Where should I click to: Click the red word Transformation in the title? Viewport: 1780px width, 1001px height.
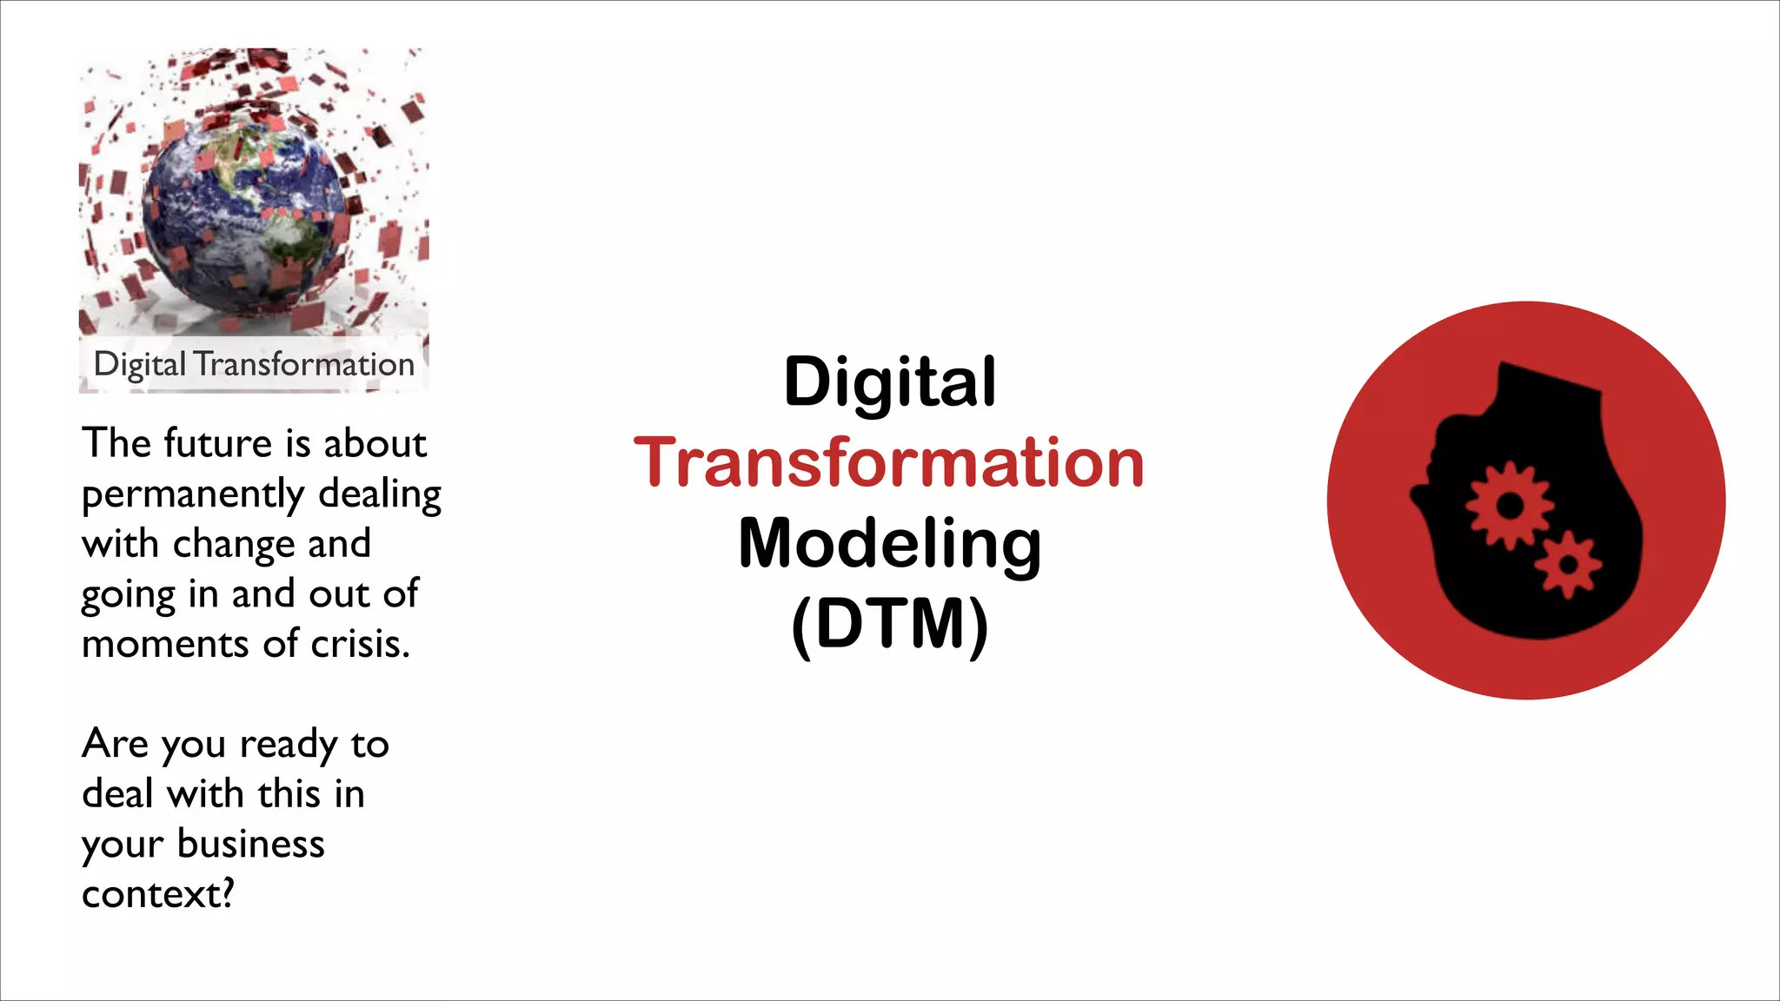point(888,462)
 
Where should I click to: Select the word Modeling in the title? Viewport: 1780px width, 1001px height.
point(889,544)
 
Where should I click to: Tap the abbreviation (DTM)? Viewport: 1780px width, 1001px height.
point(889,624)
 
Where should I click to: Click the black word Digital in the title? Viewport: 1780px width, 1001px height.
point(889,381)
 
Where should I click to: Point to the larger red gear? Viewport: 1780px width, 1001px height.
point(1510,505)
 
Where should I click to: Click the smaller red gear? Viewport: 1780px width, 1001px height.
point(1568,566)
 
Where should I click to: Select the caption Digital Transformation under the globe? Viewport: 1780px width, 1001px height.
point(254,364)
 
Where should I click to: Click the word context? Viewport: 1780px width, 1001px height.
point(153,894)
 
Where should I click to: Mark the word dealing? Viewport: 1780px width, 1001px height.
point(380,494)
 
